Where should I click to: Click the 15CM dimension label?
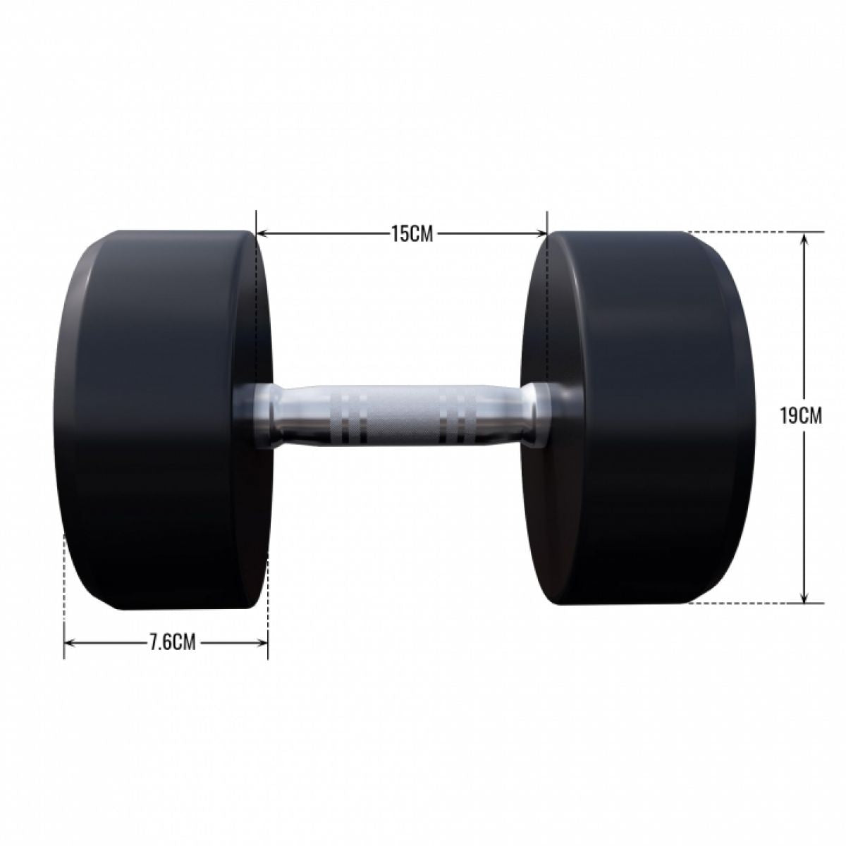[412, 233]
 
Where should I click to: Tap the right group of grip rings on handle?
[450, 416]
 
